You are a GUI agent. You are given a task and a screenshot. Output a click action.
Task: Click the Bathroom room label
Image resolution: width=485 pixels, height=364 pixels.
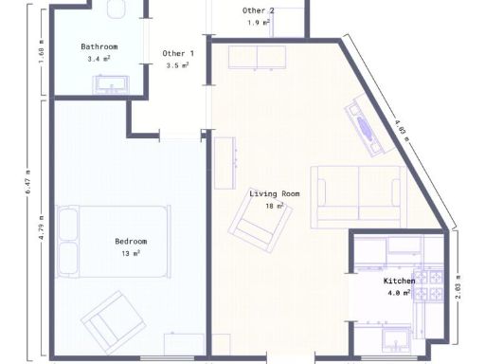click(x=99, y=46)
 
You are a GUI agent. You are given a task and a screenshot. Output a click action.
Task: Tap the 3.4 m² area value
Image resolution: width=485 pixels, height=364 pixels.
click(x=99, y=59)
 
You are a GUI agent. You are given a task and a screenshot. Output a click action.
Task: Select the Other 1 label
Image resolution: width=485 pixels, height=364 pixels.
click(x=178, y=54)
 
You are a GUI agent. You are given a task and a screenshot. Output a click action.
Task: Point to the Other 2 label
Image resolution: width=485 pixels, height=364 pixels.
click(x=259, y=10)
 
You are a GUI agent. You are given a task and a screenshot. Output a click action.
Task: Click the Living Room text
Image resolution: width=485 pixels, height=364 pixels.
click(x=275, y=193)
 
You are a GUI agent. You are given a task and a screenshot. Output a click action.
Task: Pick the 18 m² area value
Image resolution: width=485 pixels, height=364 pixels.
click(x=275, y=206)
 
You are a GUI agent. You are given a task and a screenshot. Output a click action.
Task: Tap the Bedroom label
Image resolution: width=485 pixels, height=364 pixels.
click(x=131, y=242)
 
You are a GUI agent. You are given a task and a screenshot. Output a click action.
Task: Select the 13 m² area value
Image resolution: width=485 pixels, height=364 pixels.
click(x=131, y=254)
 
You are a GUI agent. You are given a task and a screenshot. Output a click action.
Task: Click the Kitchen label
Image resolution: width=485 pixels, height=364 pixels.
click(x=399, y=282)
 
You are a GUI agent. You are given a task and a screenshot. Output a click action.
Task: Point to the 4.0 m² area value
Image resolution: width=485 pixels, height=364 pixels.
click(x=399, y=294)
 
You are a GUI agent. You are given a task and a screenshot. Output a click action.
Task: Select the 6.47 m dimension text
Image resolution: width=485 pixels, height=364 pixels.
click(x=27, y=181)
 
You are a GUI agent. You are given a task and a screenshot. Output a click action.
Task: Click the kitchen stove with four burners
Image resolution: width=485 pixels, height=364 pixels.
click(x=433, y=285)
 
